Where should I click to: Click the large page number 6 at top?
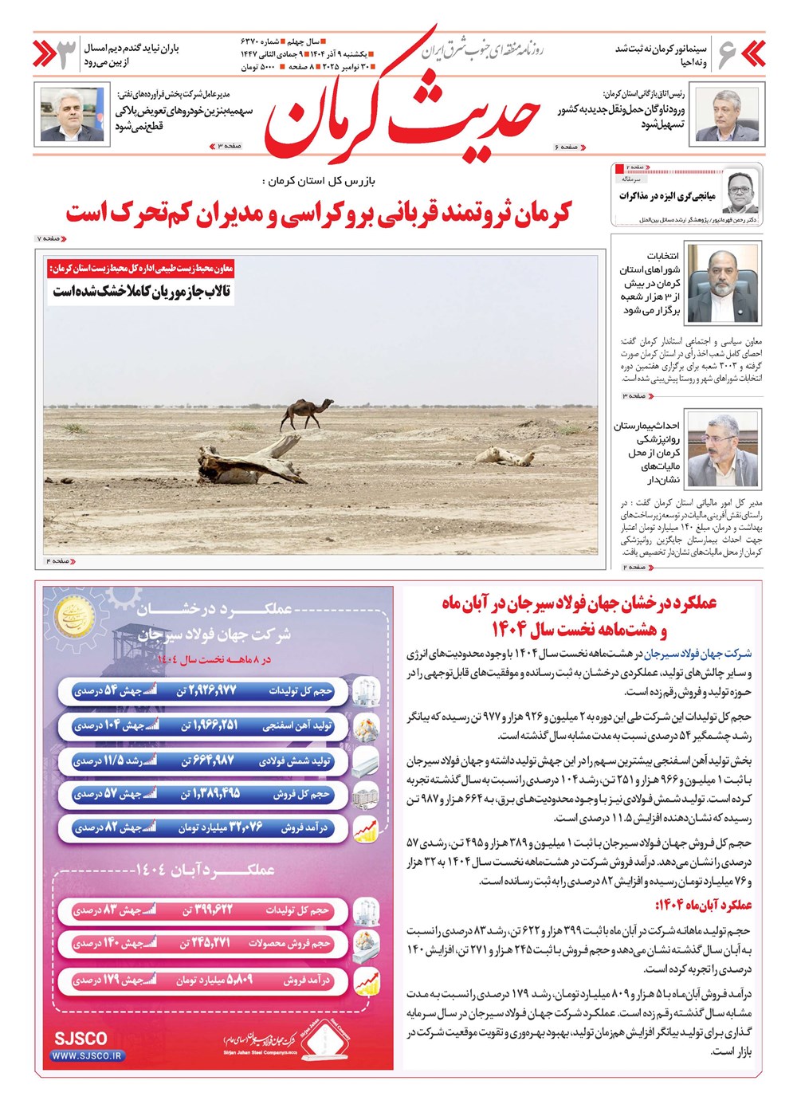click(727, 54)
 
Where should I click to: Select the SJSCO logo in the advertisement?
click(80, 1038)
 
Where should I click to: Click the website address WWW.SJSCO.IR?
click(88, 1055)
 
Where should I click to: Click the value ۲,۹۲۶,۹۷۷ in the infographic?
click(206, 690)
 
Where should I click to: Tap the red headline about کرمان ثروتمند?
click(319, 213)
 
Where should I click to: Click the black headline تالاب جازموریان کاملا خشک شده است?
click(142, 292)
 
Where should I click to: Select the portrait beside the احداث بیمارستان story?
click(722, 450)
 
